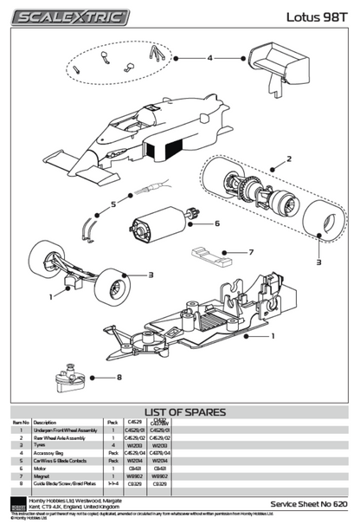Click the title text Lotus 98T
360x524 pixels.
tap(321, 16)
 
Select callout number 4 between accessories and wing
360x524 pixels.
tap(209, 58)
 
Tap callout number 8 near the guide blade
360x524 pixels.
tap(119, 377)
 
